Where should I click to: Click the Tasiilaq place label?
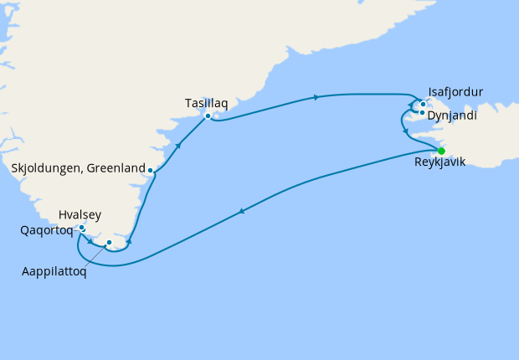tap(206, 103)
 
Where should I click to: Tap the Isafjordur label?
tap(455, 92)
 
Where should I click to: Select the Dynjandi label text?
tap(452, 116)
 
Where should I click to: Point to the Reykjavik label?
tap(440, 162)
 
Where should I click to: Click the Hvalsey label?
tap(80, 215)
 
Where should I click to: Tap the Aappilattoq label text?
tap(54, 272)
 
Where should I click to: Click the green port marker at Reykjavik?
tap(441, 151)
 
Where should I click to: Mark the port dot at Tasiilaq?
tap(208, 116)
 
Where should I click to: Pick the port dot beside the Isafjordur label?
tap(424, 105)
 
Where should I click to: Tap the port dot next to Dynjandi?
tap(423, 112)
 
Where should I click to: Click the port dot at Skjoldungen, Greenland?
tap(151, 171)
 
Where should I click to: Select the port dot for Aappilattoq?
tap(109, 243)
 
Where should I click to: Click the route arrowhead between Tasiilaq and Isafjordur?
tap(316, 97)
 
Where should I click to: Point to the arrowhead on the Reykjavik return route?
tap(243, 212)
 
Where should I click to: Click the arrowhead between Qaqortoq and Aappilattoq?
tap(90, 241)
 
